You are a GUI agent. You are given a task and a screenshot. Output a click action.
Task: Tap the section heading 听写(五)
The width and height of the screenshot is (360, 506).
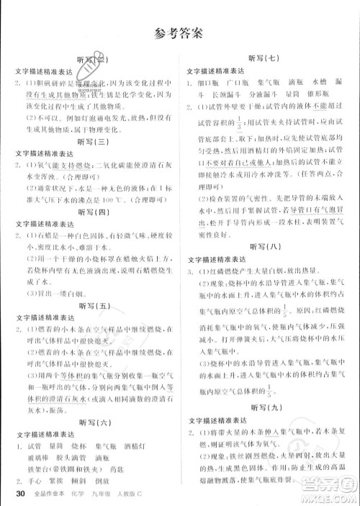[95, 305]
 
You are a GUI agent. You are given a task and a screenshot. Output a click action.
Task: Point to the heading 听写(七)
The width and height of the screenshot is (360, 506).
[266, 57]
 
